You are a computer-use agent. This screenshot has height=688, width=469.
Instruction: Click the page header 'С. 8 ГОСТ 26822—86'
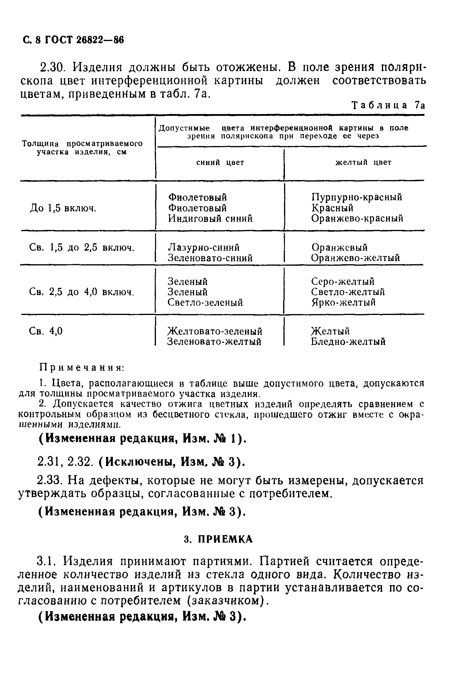pos(73,40)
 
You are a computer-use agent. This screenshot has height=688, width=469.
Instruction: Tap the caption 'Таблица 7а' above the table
pos(388,106)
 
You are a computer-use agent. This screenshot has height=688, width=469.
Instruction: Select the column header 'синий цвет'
pos(220,162)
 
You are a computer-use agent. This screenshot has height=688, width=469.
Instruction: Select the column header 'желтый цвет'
pos(363,162)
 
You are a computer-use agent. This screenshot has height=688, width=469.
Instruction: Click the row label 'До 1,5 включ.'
pos(63,209)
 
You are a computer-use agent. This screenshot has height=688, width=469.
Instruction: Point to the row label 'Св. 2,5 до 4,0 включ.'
pos(82,292)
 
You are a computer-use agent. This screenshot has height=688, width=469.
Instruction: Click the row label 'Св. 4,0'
pos(46,331)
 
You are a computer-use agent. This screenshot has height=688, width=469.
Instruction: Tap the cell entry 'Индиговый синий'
pos(210,218)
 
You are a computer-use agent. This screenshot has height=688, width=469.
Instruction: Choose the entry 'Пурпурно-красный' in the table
pos(356,197)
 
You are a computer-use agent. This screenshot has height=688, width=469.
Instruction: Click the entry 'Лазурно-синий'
pos(204,247)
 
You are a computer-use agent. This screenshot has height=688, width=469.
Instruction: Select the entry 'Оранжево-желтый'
pos(355,258)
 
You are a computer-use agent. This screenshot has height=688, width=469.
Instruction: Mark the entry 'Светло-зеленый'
pos(205,303)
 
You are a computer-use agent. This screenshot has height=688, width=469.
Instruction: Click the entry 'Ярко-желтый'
pos(343,303)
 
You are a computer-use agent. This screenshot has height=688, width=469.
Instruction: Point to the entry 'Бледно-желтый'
pos(348,342)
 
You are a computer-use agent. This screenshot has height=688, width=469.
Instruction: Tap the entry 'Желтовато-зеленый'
pos(215,331)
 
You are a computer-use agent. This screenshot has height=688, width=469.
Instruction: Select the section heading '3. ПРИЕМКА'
pos(218,540)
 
